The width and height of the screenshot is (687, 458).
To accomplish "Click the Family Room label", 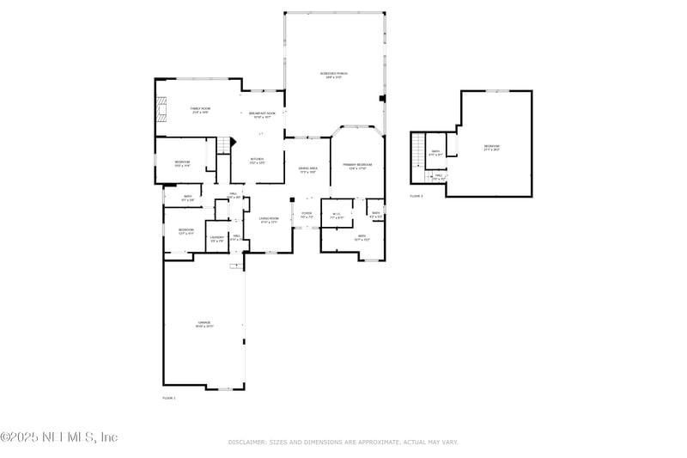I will click(200, 110).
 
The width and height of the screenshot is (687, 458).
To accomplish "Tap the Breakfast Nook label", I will click(262, 115).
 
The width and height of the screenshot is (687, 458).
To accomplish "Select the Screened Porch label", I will click(334, 76).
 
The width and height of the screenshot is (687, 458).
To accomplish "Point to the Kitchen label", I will click(257, 161).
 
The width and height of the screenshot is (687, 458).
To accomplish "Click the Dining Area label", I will click(308, 170).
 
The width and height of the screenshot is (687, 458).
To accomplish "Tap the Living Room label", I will click(269, 220).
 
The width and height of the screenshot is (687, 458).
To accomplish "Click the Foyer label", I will click(306, 215).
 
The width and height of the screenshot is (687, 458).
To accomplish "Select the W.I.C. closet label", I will click(337, 215).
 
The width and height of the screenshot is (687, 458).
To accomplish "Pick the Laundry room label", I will click(217, 239).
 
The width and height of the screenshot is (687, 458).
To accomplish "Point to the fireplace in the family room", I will click(158, 109).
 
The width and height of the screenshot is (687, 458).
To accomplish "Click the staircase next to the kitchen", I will click(226, 145).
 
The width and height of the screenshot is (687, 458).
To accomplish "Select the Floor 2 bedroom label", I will click(491, 148).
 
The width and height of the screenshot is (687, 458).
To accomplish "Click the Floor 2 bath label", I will click(435, 153).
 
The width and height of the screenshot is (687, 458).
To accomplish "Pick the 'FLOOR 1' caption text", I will click(168, 398).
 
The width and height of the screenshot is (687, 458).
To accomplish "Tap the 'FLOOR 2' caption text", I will click(416, 196).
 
